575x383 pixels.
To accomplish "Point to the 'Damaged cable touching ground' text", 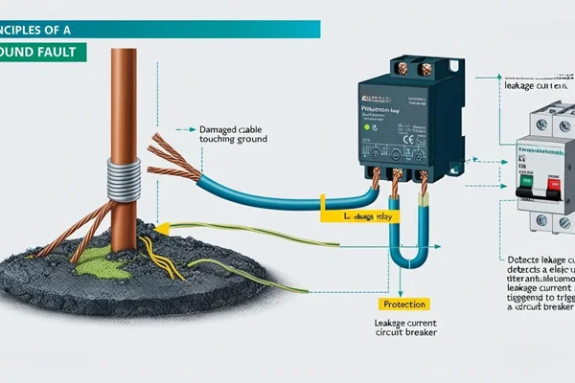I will (232, 134).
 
